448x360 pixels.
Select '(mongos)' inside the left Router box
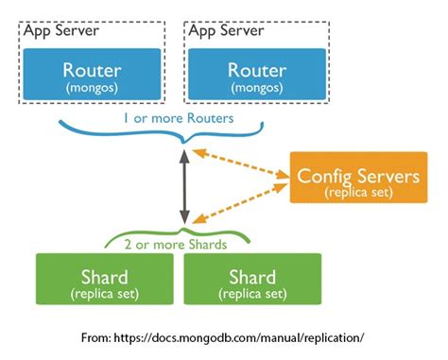pyautogui.click(x=91, y=88)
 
